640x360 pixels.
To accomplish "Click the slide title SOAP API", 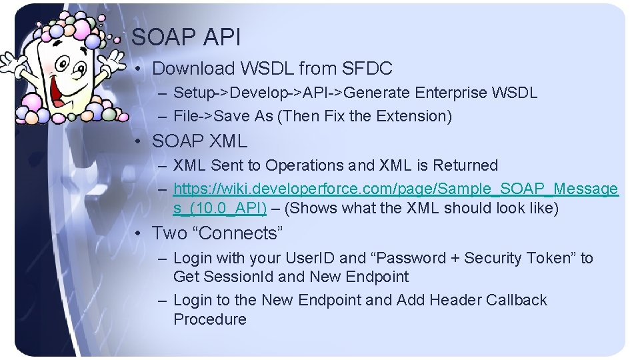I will coord(186,37).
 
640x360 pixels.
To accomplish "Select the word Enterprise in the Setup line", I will coord(451,93).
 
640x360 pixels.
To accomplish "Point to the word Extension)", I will coord(414,116).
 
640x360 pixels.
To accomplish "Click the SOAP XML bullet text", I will coord(199,141).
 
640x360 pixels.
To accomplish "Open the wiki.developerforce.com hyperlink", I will coord(395,189).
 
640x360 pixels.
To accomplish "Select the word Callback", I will coord(516,300).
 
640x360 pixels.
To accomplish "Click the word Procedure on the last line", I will coord(209,319).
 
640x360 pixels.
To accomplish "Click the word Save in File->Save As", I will coord(231,116).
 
